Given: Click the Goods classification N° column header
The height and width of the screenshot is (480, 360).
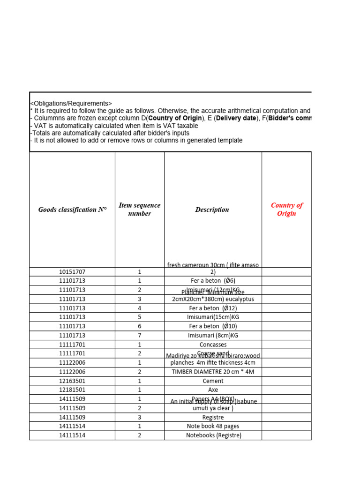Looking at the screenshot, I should (x=72, y=210).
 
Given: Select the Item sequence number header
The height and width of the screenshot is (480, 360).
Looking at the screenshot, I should (x=139, y=210).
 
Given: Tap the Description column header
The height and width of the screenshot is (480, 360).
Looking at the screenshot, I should (x=212, y=210).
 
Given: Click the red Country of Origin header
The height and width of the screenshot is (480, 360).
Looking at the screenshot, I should (x=286, y=210).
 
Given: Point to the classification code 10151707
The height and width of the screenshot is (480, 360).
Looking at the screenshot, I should (x=72, y=272).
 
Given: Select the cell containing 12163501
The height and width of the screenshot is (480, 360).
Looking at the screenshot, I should (x=72, y=381).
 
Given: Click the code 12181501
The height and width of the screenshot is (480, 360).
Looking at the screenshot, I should (x=72, y=390).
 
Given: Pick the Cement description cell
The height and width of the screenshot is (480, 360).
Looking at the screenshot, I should (x=213, y=381).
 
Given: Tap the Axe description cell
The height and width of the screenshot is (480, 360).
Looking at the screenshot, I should (x=213, y=390).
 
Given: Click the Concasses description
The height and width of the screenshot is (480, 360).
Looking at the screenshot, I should (x=213, y=345).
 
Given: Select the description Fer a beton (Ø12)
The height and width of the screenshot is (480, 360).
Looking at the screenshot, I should (x=213, y=308).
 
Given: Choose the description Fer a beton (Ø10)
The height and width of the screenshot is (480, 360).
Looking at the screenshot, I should (x=213, y=326).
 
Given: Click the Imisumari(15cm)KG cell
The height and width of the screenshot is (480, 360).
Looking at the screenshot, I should (x=213, y=317).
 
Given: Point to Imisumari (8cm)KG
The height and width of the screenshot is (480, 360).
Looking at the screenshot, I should (x=213, y=336).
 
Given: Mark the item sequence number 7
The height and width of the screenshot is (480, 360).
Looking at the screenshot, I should (x=139, y=336).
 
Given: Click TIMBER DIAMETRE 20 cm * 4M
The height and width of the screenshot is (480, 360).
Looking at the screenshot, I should (x=213, y=372).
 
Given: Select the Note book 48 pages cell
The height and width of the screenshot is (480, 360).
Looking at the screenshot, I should (x=213, y=427).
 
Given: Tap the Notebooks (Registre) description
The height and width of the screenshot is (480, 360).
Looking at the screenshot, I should (x=213, y=435).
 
